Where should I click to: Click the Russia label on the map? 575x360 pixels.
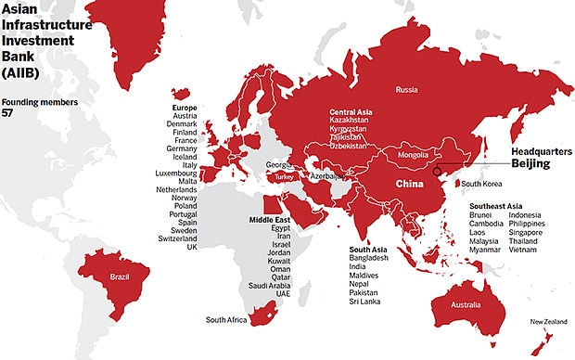[x=406, y=90]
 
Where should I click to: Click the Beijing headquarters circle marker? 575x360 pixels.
[x=437, y=171]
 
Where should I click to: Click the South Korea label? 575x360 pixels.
[x=482, y=184]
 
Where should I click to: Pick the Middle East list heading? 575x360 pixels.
[x=270, y=219]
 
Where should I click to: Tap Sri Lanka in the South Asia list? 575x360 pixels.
[x=365, y=302]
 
